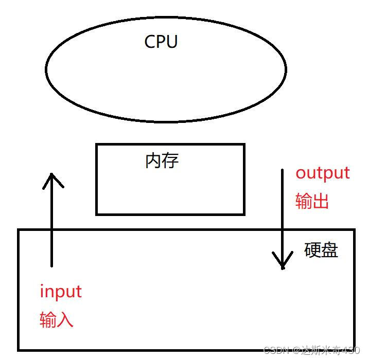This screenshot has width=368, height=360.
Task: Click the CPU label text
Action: (x=161, y=41)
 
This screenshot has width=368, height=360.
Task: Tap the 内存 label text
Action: (x=162, y=161)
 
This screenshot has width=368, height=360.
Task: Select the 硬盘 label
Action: (x=321, y=250)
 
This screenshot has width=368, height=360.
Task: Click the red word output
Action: (x=322, y=173)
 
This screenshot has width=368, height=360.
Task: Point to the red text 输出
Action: (x=312, y=201)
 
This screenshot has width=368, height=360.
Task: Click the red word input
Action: (x=61, y=292)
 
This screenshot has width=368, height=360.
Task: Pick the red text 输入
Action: (x=57, y=320)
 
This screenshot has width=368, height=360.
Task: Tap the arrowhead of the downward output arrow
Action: (x=282, y=262)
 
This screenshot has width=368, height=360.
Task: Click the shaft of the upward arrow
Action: (x=52, y=226)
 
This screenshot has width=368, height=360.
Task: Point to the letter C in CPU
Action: (x=150, y=41)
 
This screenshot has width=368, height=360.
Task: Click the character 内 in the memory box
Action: (x=154, y=161)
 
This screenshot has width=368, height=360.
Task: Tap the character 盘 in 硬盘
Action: (x=330, y=250)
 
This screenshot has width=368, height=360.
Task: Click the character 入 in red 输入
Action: (x=65, y=320)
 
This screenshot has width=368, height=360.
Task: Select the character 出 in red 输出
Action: (x=320, y=201)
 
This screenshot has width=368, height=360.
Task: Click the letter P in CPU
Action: (x=161, y=41)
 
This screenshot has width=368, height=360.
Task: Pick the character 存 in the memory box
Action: (x=170, y=161)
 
